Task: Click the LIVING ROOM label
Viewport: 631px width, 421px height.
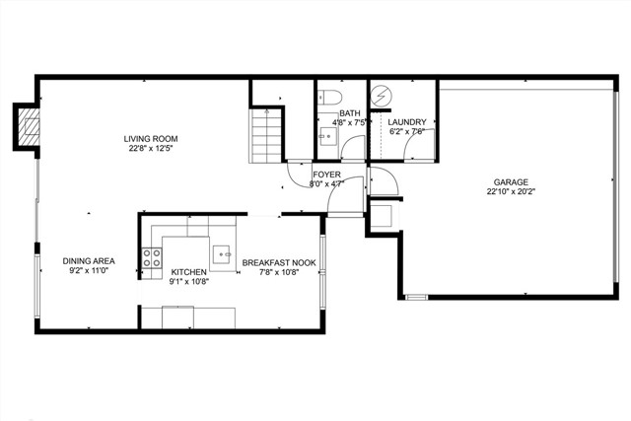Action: (x=151, y=139)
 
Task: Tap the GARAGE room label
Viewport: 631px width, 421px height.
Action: (x=511, y=182)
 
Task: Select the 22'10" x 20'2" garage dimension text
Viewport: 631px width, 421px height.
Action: (x=511, y=192)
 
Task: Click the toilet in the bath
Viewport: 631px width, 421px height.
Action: (x=329, y=97)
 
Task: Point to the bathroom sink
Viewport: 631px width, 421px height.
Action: (x=325, y=136)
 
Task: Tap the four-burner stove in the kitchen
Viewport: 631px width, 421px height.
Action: (x=152, y=258)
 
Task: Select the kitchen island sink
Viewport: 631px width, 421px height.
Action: (x=221, y=254)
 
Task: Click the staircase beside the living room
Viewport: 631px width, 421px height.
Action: (x=265, y=136)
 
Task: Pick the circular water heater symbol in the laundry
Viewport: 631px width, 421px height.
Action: (x=382, y=97)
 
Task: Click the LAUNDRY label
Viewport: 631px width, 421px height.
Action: (x=407, y=122)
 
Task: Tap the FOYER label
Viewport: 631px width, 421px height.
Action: (x=326, y=175)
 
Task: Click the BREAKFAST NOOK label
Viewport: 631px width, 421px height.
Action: (x=279, y=263)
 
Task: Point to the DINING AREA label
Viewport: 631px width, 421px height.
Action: (x=89, y=261)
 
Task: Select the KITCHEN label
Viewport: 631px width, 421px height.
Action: (x=188, y=272)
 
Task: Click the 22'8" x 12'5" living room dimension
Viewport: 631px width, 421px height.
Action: (x=151, y=149)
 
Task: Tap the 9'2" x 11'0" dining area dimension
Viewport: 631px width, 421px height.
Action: (x=89, y=271)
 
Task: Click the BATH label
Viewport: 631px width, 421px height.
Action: (x=350, y=113)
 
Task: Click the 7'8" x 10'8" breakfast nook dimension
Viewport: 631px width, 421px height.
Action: (x=279, y=272)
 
